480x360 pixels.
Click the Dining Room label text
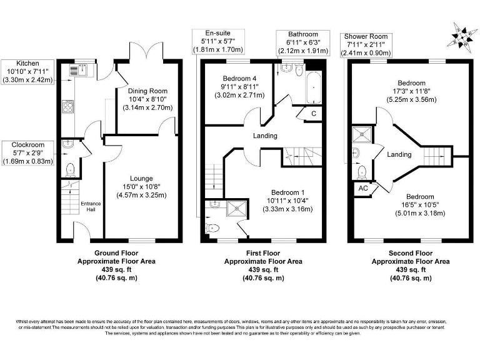147,99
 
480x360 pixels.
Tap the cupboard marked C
313,113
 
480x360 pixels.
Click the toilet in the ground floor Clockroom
70,169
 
